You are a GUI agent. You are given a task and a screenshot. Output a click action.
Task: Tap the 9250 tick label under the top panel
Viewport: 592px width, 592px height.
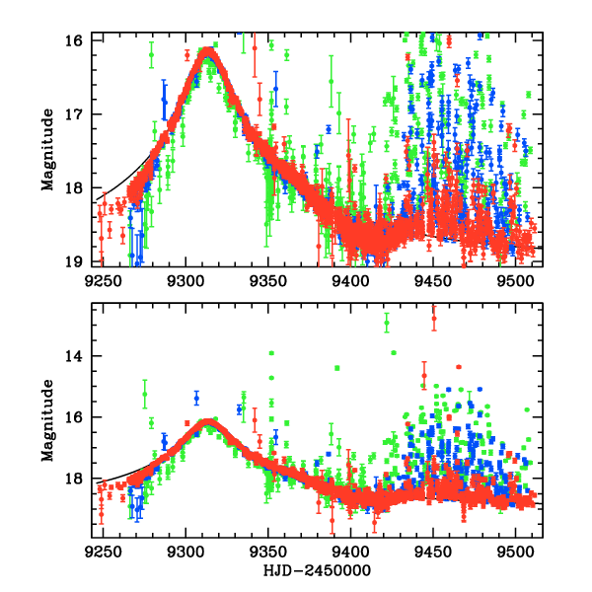102,280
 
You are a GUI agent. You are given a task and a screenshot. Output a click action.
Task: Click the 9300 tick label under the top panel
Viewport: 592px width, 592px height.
185,280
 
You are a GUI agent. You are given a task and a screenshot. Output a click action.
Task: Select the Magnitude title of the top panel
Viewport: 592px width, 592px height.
47,150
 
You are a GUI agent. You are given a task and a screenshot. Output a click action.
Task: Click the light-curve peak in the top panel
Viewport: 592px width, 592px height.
208,51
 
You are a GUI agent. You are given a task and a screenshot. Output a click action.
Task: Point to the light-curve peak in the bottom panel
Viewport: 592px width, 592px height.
208,422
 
